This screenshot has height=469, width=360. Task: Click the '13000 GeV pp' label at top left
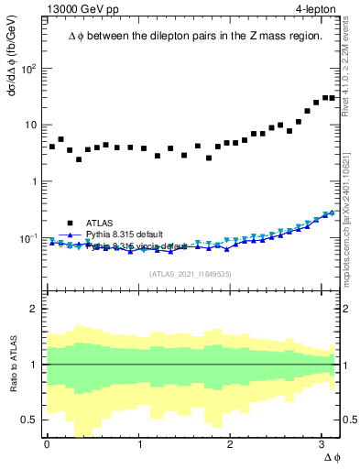pos(79,10)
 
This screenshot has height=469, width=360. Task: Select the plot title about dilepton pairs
pos(194,37)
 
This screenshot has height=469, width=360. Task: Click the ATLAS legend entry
pos(101,223)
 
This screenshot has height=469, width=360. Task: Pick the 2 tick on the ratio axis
pos(33,309)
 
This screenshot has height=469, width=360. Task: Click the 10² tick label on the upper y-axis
pos(27,69)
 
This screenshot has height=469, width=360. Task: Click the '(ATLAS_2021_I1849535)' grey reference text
pos(191,273)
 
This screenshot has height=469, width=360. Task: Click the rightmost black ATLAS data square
pos(333,98)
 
